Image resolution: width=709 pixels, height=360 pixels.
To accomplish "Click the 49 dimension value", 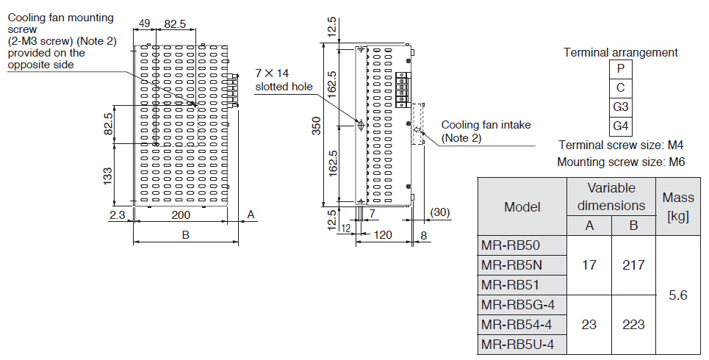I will (x=144, y=24).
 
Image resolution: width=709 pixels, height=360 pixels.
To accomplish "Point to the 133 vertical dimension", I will (x=107, y=175).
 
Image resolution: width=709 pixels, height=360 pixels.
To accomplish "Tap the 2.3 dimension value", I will (x=117, y=215).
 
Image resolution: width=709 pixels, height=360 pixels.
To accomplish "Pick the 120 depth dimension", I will (x=382, y=236).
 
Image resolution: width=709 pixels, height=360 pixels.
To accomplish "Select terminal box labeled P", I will (x=621, y=69).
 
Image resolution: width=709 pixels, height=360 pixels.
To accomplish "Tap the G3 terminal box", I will (x=621, y=107).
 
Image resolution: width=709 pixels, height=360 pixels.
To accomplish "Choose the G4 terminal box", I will (x=621, y=126).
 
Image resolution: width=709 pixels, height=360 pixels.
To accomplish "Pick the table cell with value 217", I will (x=633, y=264).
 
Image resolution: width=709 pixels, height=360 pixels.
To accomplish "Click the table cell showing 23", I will (x=589, y=324).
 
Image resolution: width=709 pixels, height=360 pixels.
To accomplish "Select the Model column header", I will (x=522, y=206).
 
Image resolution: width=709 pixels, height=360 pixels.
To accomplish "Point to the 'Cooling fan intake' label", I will (x=486, y=125).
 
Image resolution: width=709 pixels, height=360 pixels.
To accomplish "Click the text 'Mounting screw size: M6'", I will (x=621, y=162).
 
